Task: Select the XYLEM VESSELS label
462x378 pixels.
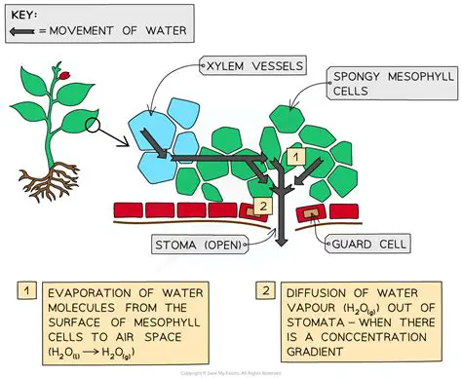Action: coord(250,66)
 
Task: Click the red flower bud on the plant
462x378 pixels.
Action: coord(63,75)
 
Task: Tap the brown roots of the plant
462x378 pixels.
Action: coord(58,179)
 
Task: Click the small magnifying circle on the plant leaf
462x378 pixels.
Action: coord(96,125)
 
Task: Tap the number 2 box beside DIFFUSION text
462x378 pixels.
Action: coord(265,291)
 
